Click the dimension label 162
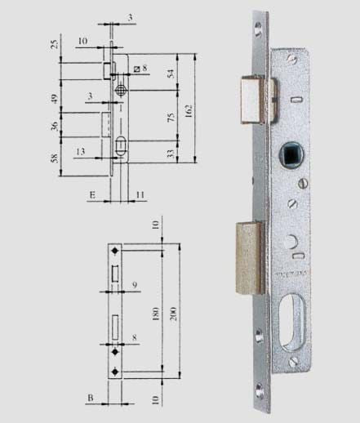(x=189, y=111)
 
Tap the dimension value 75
(x=171, y=117)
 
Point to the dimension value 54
(x=171, y=73)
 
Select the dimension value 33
(x=171, y=154)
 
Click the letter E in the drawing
(x=92, y=195)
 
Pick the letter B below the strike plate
(x=91, y=398)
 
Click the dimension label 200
(x=174, y=314)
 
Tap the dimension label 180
(x=156, y=314)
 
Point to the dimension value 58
(x=55, y=158)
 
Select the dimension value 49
(x=55, y=99)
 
